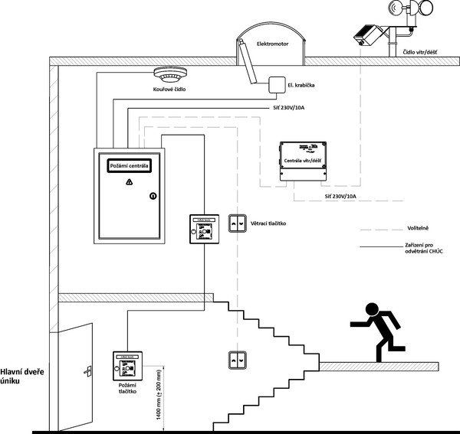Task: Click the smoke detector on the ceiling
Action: coord(170,76)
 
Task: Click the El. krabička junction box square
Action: coord(276,84)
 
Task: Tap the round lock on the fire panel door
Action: coord(152,195)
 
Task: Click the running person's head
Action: coord(373,309)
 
